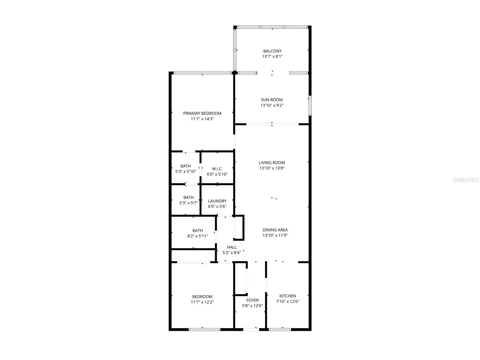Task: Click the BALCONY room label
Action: click(x=272, y=51)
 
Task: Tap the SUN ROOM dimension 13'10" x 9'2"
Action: click(x=272, y=105)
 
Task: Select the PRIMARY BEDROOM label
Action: click(x=202, y=113)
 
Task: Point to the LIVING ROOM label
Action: click(x=272, y=162)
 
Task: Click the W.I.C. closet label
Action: click(x=217, y=169)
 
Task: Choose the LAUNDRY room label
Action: click(x=217, y=201)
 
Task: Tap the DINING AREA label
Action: click(x=275, y=230)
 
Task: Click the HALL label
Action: click(x=231, y=247)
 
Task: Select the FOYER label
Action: click(x=252, y=300)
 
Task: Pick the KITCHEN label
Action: click(x=287, y=296)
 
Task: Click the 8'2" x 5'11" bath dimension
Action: click(x=197, y=236)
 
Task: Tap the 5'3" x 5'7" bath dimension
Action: click(x=188, y=203)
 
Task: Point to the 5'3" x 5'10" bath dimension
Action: click(x=186, y=171)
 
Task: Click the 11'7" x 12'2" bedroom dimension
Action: click(x=202, y=302)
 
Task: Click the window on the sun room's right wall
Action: click(x=310, y=106)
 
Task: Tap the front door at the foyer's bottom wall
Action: click(x=251, y=329)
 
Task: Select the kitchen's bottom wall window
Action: click(x=280, y=329)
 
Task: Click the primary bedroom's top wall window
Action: click(x=203, y=73)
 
